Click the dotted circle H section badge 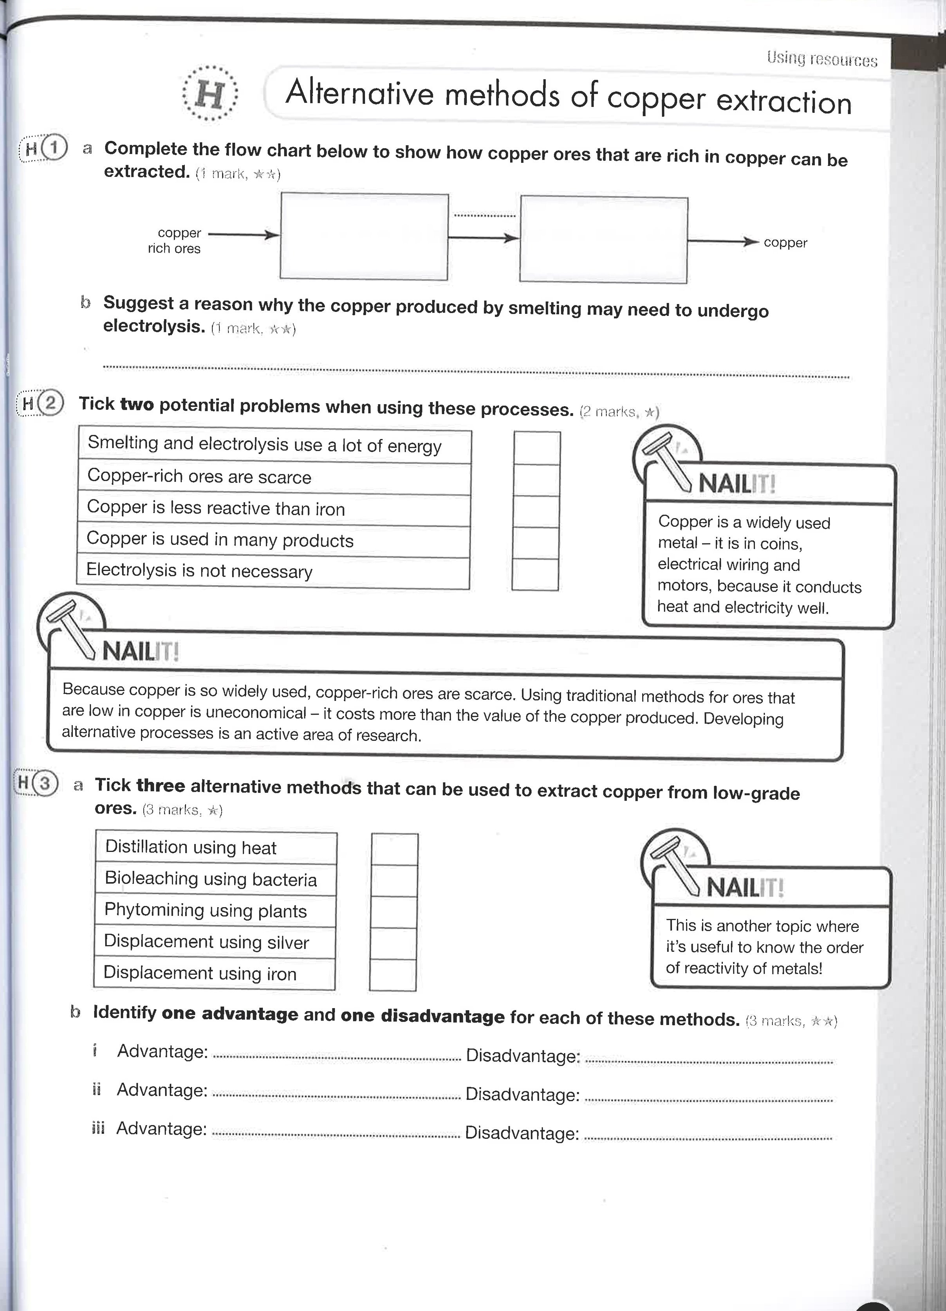(x=209, y=94)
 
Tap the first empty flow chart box (x=364, y=236)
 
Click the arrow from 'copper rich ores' (x=243, y=235)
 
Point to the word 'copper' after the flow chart (x=785, y=243)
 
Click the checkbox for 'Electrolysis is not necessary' (x=535, y=574)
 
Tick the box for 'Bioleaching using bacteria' (x=394, y=881)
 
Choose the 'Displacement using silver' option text (x=206, y=942)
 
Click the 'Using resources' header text (x=821, y=59)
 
